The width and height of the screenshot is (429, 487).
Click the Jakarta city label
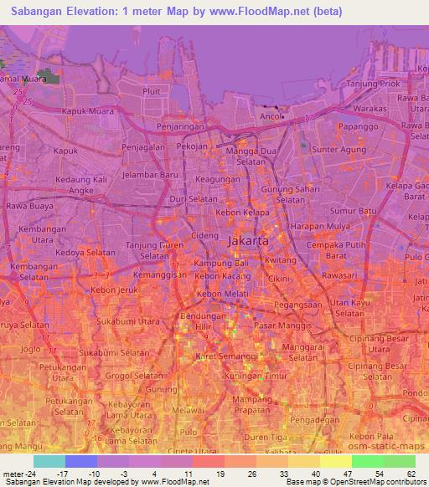248,240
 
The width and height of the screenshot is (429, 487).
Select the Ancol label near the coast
270,116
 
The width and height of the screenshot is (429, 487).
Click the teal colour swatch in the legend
49,462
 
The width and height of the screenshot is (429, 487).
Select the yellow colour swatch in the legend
336,462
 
